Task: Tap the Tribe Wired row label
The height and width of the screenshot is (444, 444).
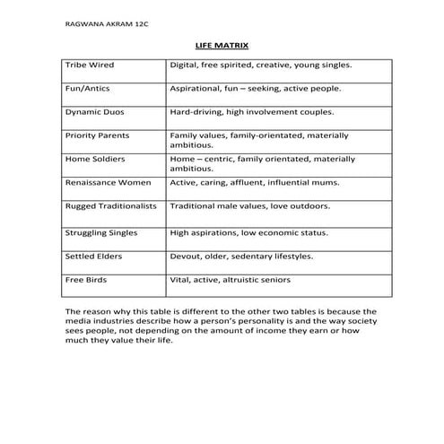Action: point(90,65)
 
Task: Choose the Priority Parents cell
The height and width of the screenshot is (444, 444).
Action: point(98,135)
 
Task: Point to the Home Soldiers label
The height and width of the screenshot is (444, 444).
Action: point(96,159)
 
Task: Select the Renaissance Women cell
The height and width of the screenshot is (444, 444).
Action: point(107,182)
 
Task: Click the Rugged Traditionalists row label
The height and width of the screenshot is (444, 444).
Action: point(110,205)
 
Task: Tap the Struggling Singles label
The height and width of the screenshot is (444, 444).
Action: point(101,232)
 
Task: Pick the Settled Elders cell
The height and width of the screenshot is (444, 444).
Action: point(94,256)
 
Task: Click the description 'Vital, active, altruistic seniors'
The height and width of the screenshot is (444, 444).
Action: point(230,279)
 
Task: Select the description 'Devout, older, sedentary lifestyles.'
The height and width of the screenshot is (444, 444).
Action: point(241,256)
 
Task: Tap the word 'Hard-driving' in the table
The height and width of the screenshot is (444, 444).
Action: point(196,112)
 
